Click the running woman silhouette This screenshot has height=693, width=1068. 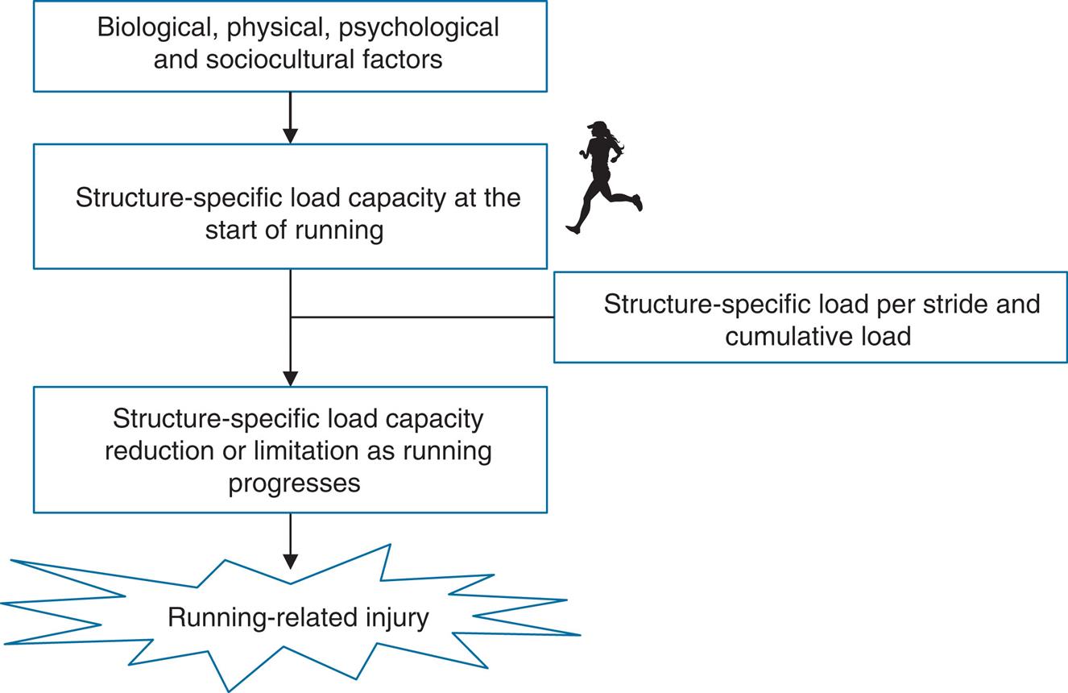click(602, 177)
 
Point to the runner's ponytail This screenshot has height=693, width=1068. click(618, 144)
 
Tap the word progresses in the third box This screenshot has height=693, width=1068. click(294, 483)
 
